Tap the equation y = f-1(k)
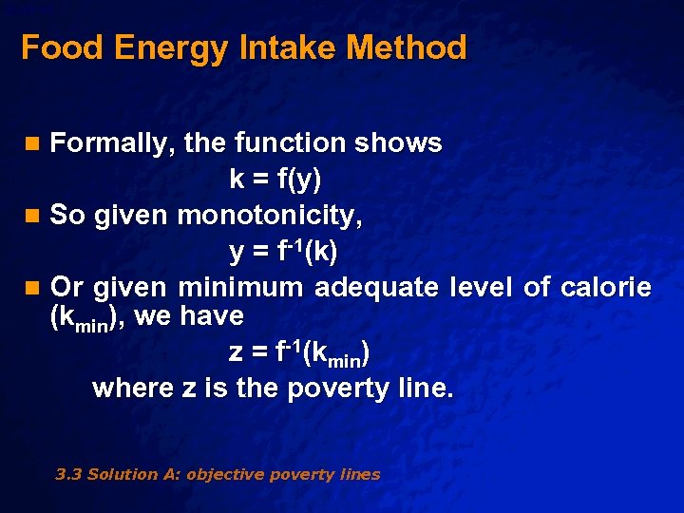[283, 252]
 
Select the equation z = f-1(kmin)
[299, 353]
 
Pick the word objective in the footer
[223, 474]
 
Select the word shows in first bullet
[398, 143]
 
